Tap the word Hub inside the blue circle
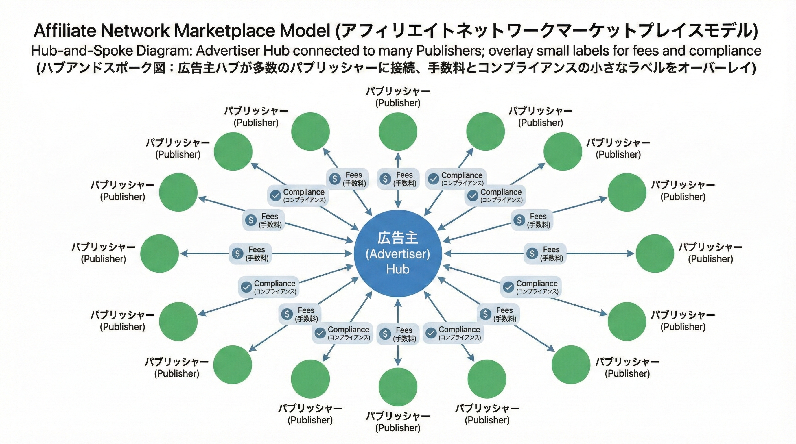398,269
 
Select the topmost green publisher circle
398,132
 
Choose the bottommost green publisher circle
398,386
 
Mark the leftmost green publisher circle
159,254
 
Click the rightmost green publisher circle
655,254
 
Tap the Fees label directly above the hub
404,175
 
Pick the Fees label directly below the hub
404,330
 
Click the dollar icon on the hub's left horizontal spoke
237,254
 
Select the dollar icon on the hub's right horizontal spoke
532,254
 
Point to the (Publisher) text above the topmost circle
398,103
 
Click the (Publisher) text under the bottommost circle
398,428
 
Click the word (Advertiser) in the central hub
398,254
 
